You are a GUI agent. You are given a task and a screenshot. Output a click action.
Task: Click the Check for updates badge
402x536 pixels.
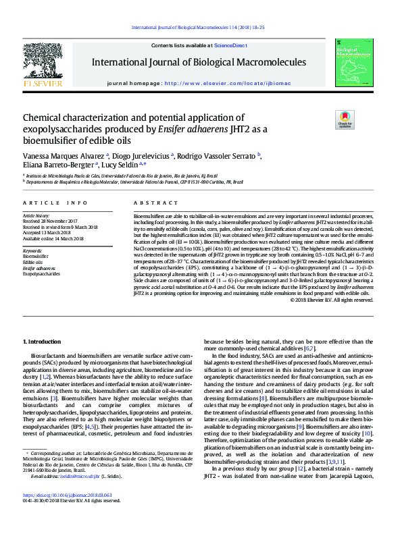(x=326, y=119)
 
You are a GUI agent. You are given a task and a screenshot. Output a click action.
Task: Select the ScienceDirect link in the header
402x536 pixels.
(x=230, y=45)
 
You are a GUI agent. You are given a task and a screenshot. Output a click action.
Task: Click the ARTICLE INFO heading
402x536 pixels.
(x=55, y=203)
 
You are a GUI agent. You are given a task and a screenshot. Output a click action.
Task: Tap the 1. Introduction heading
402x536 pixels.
(x=42, y=342)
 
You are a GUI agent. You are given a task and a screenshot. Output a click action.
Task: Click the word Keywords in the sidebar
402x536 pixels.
(x=32, y=250)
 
